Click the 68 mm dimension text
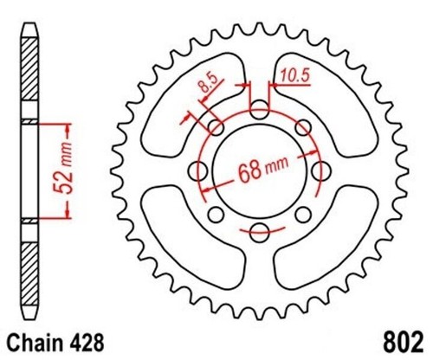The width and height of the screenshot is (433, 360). pos(263,170)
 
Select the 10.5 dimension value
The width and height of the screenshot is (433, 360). pos(295,76)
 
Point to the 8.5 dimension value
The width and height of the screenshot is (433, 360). pos(208,83)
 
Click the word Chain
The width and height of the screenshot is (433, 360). pos(35,343)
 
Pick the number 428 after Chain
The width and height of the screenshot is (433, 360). pos(86,343)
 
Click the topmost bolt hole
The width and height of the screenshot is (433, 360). pos(259,109)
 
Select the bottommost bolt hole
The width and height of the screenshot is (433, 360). pos(259,233)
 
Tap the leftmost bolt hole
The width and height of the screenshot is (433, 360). pos(197,170)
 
